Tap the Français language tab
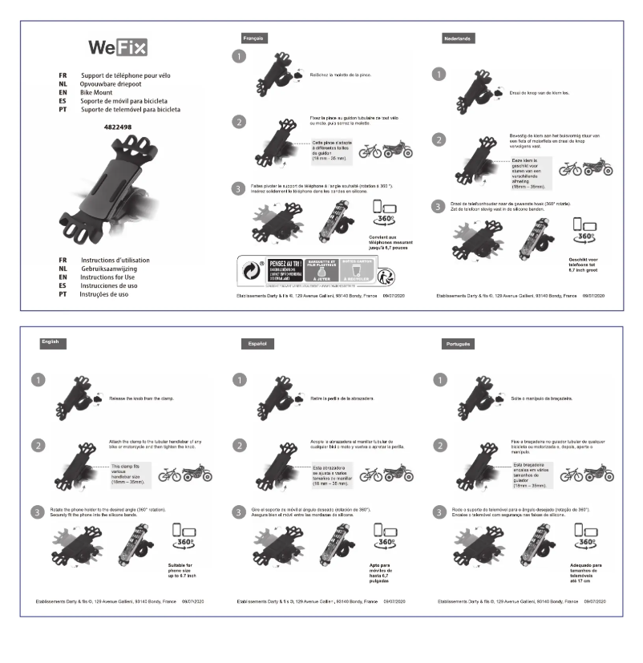pos(255,38)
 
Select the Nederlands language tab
pos(459,38)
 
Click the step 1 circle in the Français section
pos(238,58)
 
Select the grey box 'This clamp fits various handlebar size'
pos(128,475)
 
